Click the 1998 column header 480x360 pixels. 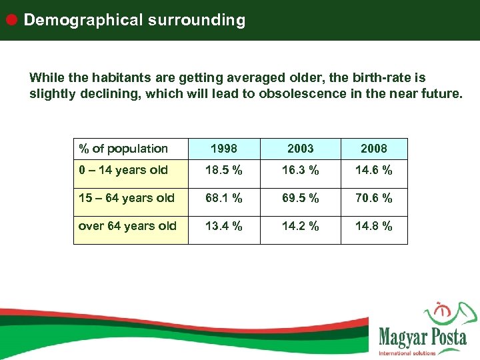click(224, 149)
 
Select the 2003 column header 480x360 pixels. click(300, 149)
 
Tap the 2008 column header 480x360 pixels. click(373, 149)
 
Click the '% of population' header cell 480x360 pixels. click(123, 149)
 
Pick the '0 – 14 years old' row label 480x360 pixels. click(123, 170)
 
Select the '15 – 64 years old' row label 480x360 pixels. click(127, 198)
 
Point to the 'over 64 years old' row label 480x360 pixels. click(127, 226)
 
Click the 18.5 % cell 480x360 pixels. click(224, 170)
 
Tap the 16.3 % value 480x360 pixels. click(300, 170)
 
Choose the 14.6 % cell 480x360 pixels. click(373, 170)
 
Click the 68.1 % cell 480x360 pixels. click(224, 198)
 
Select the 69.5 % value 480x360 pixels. click(300, 198)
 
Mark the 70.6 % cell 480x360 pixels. click(373, 198)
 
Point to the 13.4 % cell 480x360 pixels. click(224, 226)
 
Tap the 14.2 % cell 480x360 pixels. click(300, 226)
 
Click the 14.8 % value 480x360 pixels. click(373, 226)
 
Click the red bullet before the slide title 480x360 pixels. click(11, 19)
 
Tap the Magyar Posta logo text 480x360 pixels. click(422, 337)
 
